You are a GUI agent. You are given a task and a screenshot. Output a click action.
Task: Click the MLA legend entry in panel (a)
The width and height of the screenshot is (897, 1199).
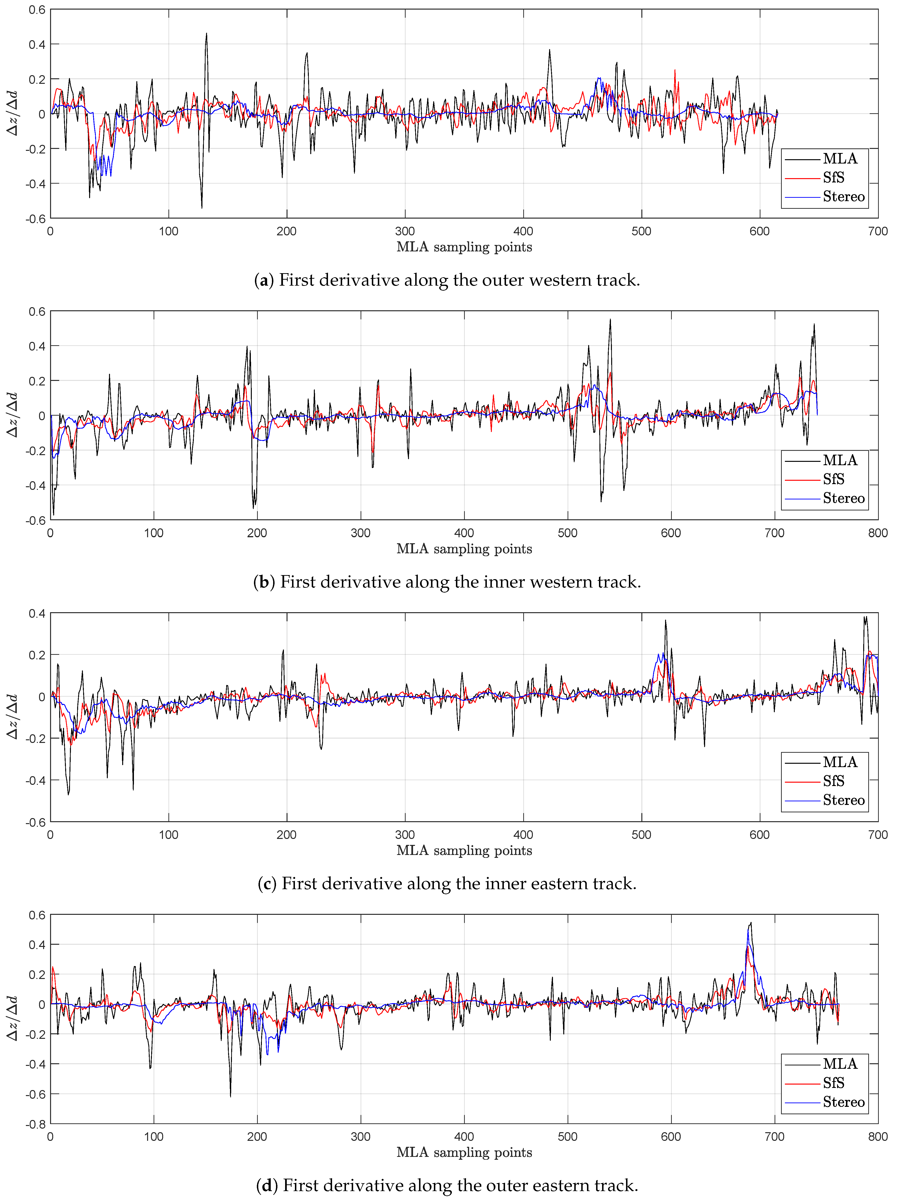tap(839, 158)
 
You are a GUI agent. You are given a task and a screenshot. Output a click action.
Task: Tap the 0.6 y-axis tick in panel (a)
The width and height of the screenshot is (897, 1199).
tap(37, 10)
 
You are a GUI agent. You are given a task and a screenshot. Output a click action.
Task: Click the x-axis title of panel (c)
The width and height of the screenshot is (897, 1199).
tap(464, 850)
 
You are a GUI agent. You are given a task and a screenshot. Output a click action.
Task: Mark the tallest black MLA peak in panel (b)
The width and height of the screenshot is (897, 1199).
tap(610, 319)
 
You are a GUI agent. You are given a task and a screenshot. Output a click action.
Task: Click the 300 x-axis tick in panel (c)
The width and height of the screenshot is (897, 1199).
tap(405, 835)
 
